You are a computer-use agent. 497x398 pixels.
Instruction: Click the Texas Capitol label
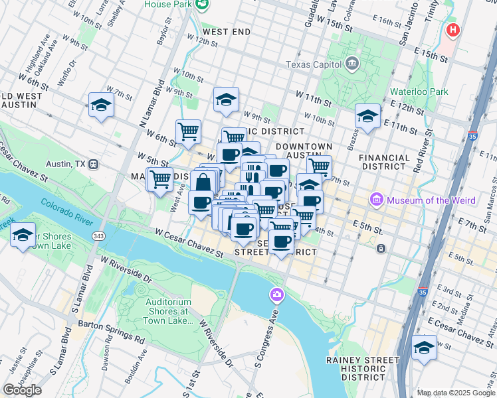tap(312, 64)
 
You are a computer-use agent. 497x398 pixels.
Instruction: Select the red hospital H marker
tap(454, 30)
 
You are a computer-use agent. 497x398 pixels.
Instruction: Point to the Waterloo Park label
tap(421, 92)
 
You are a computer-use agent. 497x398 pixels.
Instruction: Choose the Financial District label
tap(383, 163)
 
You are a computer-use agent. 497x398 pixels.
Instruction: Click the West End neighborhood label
tap(226, 32)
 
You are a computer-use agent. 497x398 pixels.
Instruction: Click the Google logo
tap(22, 389)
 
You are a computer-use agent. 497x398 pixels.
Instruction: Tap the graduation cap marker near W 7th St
tap(102, 105)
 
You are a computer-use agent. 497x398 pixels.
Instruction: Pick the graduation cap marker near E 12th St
tap(367, 116)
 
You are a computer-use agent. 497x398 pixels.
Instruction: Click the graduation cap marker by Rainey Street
tap(424, 347)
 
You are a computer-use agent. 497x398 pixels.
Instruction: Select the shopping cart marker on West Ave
tap(159, 178)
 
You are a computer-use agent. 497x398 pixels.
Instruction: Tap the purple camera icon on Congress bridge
tap(276, 294)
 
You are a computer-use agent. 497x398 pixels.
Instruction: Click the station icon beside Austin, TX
tap(94, 164)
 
